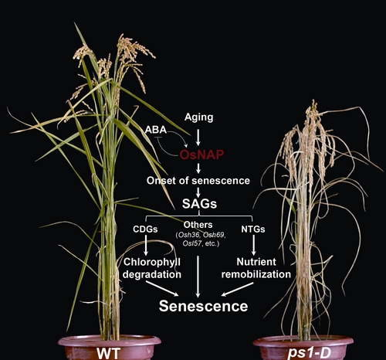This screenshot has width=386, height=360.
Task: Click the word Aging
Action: click(198, 117)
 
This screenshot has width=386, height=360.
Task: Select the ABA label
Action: click(156, 130)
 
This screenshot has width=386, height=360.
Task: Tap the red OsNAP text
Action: click(201, 155)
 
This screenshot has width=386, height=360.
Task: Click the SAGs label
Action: click(199, 204)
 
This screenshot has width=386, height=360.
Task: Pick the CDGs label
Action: click(145, 229)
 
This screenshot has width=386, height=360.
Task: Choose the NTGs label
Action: click(253, 229)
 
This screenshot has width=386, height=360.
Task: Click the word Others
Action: click(198, 225)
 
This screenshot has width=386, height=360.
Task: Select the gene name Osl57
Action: click(192, 243)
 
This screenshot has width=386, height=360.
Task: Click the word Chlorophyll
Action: click(152, 262)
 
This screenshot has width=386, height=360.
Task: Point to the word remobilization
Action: click(256, 274)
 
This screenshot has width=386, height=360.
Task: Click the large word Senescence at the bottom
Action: click(203, 306)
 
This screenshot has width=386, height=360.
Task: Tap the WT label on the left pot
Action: click(109, 353)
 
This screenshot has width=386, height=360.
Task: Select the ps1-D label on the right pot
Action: click(309, 353)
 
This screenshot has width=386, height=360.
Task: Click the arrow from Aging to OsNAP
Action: click(198, 138)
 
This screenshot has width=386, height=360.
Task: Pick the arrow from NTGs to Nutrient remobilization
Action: click(253, 245)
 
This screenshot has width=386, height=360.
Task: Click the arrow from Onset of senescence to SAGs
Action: click(198, 192)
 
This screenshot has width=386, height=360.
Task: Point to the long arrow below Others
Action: click(198, 277)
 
